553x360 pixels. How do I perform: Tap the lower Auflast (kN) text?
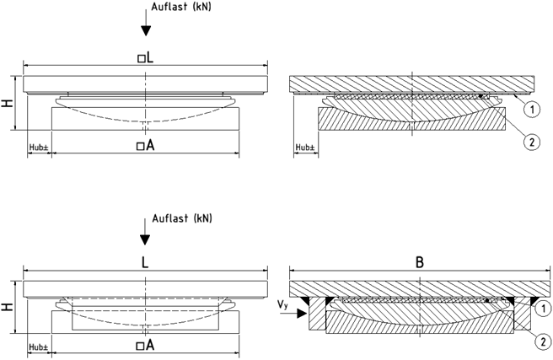pyautogui.click(x=181, y=218)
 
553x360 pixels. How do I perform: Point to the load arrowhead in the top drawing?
pyautogui.click(x=146, y=30)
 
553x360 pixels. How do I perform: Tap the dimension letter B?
pyautogui.click(x=419, y=262)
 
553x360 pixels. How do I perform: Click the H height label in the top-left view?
pyautogui.click(x=7, y=104)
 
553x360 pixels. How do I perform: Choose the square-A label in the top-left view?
pyautogui.click(x=146, y=145)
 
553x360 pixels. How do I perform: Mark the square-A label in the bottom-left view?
pyautogui.click(x=145, y=346)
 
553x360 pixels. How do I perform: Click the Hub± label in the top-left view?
pyautogui.click(x=38, y=147)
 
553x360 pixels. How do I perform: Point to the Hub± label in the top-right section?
pyautogui.click(x=304, y=147)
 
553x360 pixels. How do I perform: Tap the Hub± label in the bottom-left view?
pyautogui.click(x=38, y=347)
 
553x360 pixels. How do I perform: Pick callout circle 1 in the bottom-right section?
pyautogui.click(x=545, y=309)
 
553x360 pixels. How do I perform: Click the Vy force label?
pyautogui.click(x=283, y=302)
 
